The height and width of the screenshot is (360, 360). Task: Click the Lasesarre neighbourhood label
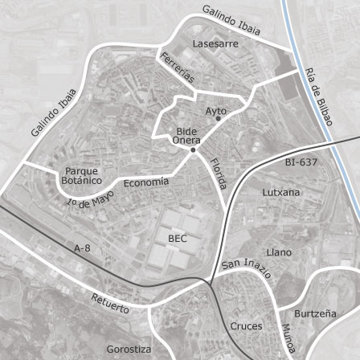click(215, 46)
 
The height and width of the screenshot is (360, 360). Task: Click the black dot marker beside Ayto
click(217, 119)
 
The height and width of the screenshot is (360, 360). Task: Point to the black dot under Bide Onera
click(193, 149)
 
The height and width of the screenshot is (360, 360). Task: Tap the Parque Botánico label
click(81, 176)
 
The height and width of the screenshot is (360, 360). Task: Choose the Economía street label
click(146, 183)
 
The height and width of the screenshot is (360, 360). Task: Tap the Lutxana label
click(280, 193)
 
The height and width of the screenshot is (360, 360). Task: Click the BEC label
click(178, 238)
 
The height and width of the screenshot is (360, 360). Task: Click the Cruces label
click(247, 327)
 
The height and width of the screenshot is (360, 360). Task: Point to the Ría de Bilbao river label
click(319, 98)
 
